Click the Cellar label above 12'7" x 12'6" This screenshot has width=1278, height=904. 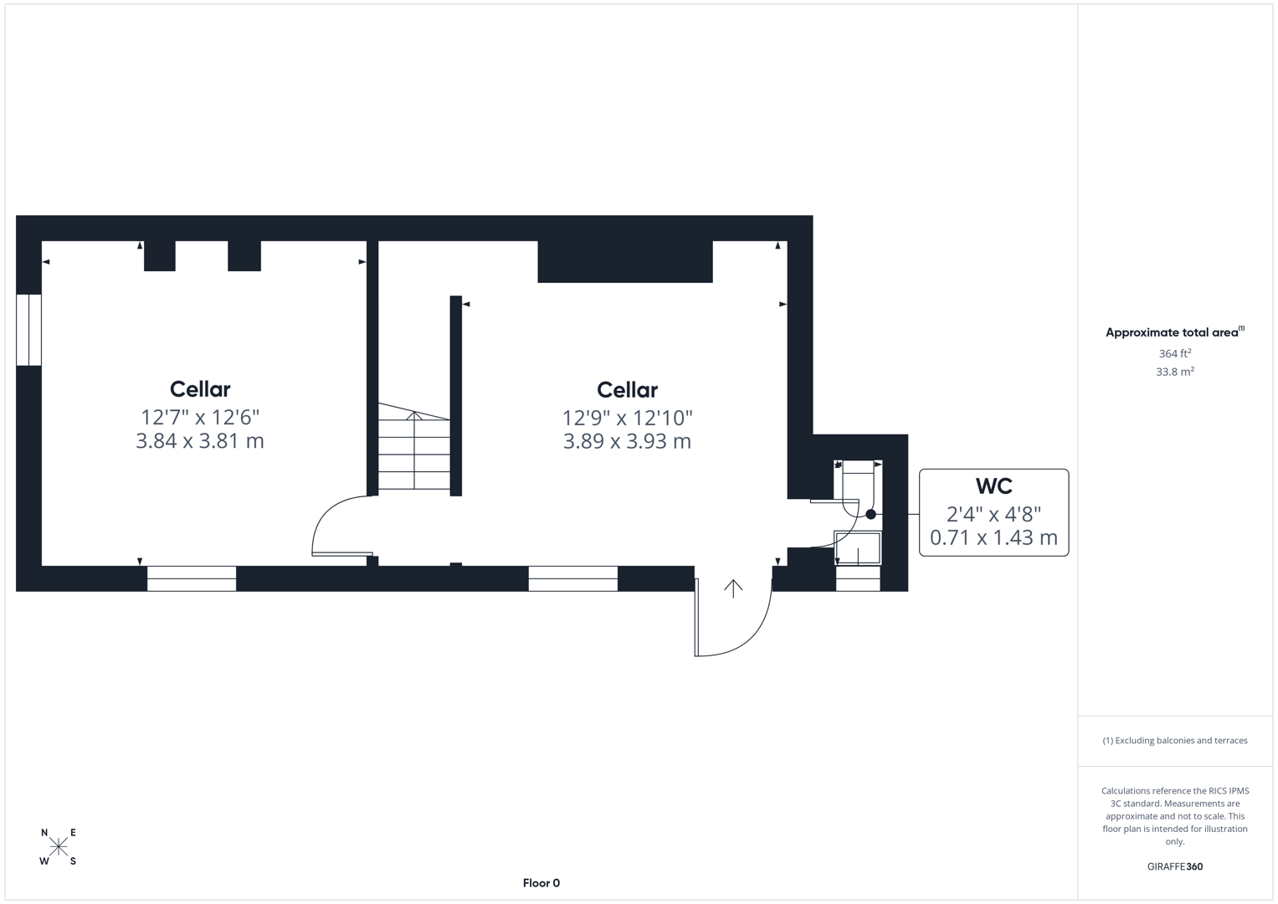click(200, 389)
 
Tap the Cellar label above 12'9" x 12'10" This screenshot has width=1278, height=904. click(627, 390)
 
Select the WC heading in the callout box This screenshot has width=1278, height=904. click(993, 486)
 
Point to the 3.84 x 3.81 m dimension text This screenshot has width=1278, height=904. click(200, 441)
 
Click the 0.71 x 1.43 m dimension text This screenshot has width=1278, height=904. click(993, 537)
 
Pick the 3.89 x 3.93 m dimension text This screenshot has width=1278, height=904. click(627, 442)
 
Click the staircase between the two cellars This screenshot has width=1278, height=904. click(414, 452)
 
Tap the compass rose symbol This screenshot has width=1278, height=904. click(59, 847)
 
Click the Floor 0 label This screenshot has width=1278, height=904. click(541, 883)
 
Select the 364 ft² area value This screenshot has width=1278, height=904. click(1174, 354)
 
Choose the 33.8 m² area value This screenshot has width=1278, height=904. click(1174, 372)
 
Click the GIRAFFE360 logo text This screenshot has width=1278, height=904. click(1174, 867)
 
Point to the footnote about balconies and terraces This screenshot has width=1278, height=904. click(1174, 741)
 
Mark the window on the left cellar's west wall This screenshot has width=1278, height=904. click(28, 330)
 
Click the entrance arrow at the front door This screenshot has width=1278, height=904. click(733, 588)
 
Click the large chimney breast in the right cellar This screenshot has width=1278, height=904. click(624, 261)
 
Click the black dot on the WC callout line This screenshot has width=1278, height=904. click(870, 515)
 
